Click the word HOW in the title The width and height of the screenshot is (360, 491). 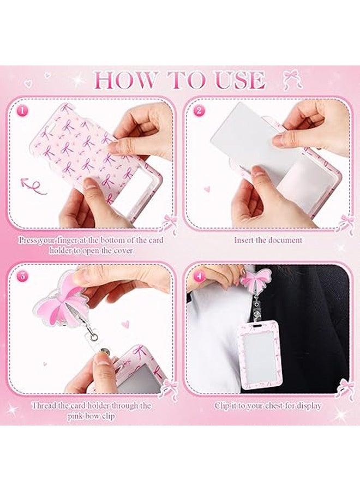tap(125, 81)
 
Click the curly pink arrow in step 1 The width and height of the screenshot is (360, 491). tap(33, 186)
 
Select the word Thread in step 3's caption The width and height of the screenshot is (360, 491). tap(44, 405)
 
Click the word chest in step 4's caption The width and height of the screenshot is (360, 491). tap(274, 406)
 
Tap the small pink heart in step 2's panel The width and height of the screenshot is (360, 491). tap(207, 189)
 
